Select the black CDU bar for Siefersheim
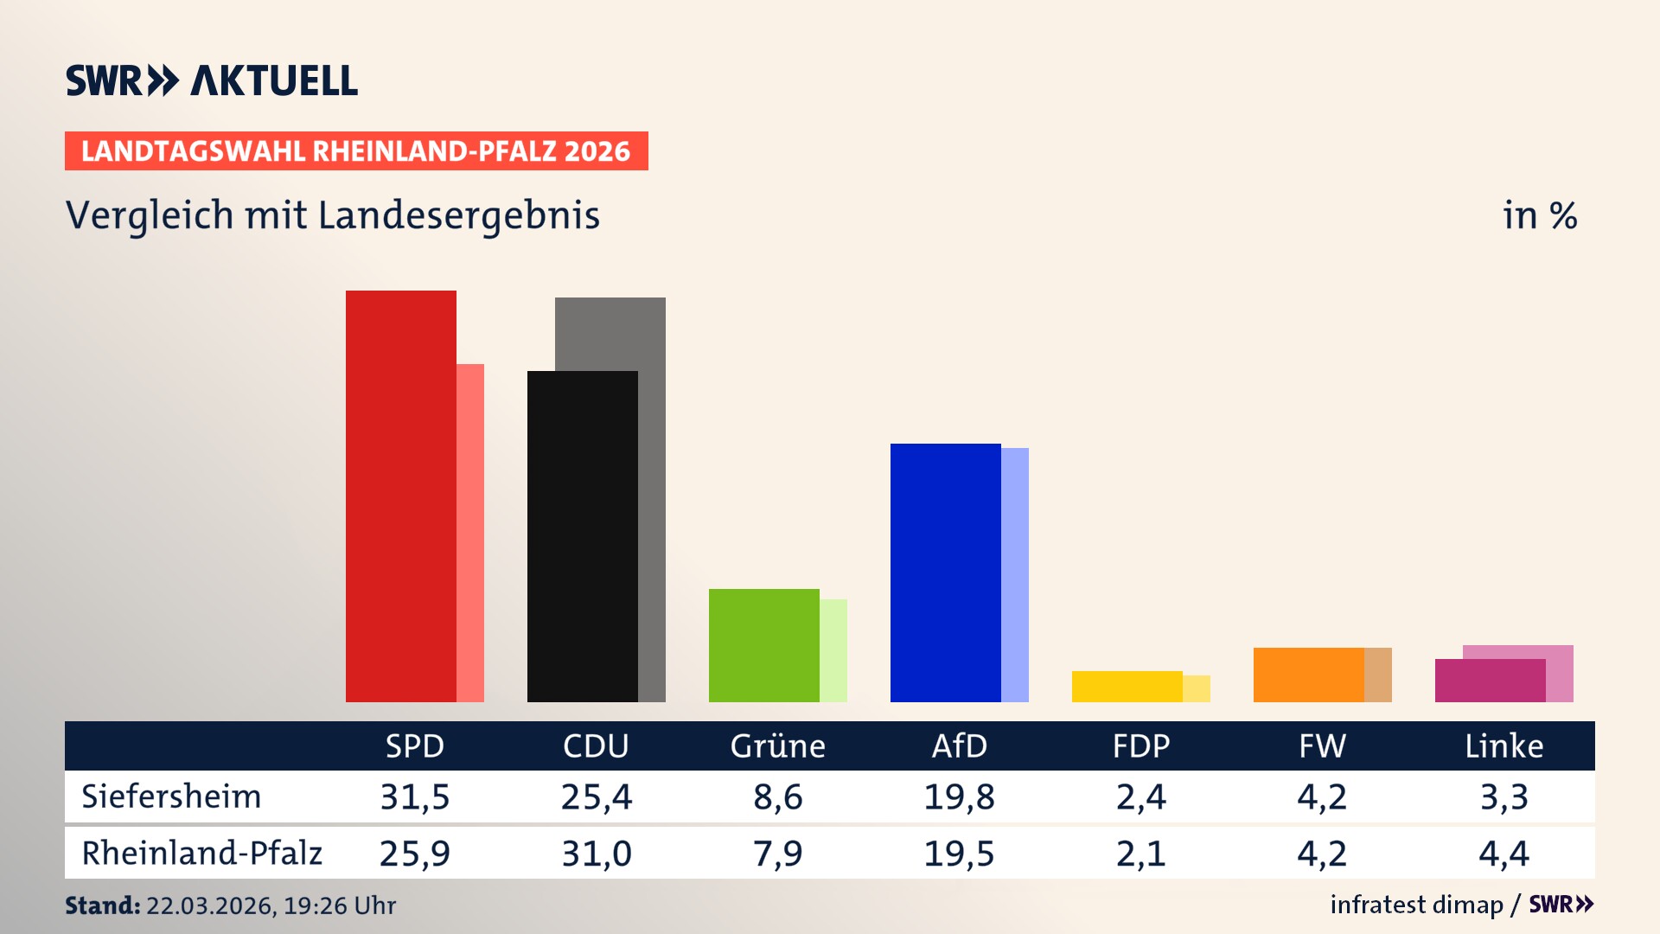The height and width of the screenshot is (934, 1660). pos(582,536)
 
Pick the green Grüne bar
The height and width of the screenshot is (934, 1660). pos(763,645)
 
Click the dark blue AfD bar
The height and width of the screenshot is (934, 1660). pos(945,573)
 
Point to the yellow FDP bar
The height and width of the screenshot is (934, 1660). pos(1127,687)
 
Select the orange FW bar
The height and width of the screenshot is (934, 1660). pos(1308,675)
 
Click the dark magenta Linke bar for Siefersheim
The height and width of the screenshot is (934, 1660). pos(1490,681)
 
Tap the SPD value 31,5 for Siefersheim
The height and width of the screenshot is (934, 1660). pos(415,796)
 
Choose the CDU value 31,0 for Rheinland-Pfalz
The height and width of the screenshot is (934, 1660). pos(597,854)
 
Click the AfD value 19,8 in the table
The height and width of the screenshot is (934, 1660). pos(959,796)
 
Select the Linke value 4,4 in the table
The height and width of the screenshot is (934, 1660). pos(1504,854)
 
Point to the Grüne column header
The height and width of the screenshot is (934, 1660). pos(777,745)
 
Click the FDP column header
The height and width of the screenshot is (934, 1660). pos(1140,745)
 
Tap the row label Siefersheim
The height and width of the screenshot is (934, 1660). pos(171,796)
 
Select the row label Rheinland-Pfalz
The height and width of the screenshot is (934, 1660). pos(201,854)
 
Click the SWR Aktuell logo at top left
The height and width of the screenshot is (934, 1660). pos(211,80)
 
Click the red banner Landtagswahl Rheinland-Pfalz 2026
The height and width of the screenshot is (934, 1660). pos(356,151)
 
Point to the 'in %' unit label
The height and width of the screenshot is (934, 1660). pos(1539,215)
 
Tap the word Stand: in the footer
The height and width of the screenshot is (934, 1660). pos(102,905)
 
